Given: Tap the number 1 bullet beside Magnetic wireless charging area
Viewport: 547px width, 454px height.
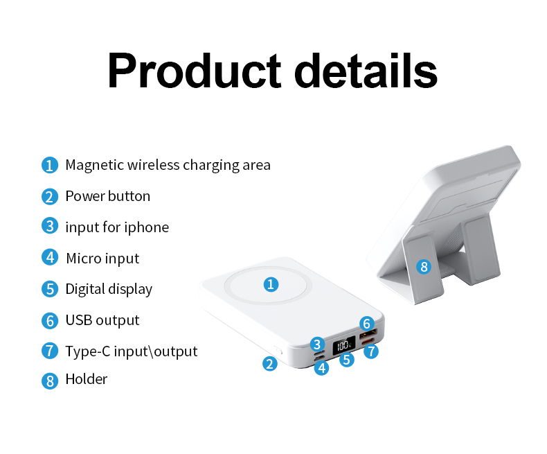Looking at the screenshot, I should tap(49, 165).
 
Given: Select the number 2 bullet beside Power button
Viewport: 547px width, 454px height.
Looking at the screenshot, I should tap(49, 196).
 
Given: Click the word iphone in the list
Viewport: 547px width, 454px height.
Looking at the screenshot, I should tap(146, 227).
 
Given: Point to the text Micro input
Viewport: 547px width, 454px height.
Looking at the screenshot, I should tap(102, 259).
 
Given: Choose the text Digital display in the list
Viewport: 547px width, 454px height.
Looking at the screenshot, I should tap(109, 289).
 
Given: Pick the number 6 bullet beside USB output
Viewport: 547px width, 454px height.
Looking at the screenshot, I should tap(49, 320).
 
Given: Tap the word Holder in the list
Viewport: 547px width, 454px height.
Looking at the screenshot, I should tap(86, 379).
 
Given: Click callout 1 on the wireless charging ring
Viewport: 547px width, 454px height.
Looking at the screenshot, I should tap(271, 283).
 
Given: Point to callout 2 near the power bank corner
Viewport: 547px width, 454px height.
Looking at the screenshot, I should tap(270, 363).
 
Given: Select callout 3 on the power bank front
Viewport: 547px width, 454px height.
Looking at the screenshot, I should tap(317, 344).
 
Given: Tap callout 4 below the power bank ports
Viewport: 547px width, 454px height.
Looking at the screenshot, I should tap(321, 368).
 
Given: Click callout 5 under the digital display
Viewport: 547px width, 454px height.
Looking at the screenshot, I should tap(347, 360).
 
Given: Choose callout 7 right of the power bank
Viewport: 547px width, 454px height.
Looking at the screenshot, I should tap(371, 351).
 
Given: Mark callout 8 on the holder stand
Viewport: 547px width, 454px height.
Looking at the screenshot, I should tap(424, 266).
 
